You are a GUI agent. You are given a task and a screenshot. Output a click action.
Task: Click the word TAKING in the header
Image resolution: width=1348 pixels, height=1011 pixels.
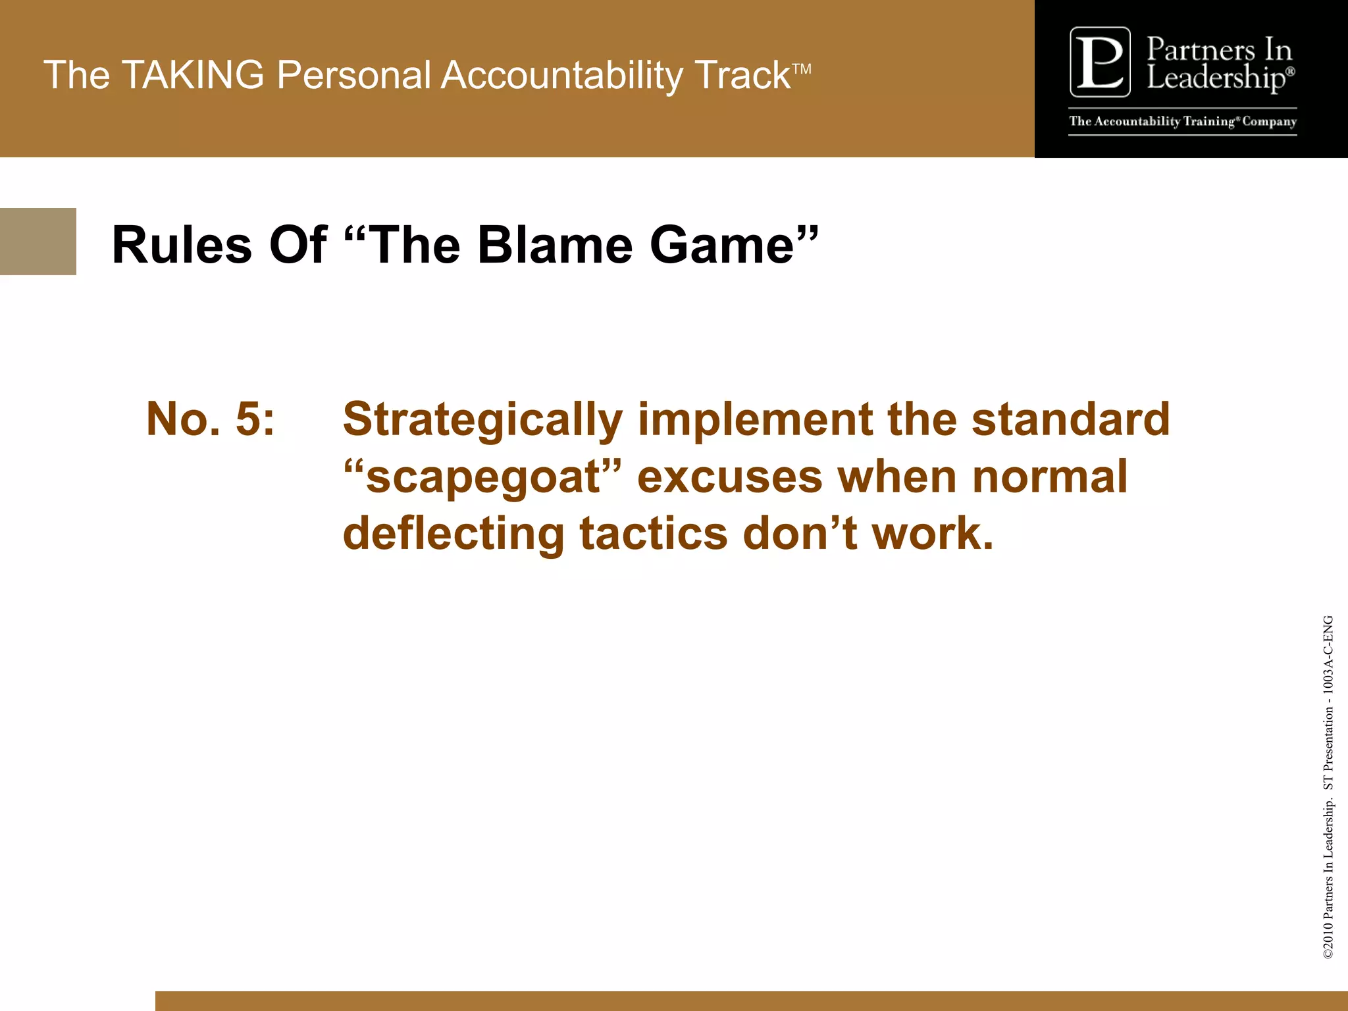(x=193, y=74)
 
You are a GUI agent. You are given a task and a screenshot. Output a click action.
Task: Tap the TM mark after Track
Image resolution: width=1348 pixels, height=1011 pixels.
(x=802, y=68)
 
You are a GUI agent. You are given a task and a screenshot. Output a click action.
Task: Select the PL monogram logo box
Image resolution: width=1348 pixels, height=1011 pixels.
(x=1100, y=62)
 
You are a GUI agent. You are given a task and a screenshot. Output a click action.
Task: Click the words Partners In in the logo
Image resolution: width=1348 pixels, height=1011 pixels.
(x=1219, y=49)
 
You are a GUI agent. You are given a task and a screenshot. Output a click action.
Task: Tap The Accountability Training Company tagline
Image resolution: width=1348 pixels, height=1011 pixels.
(x=1182, y=121)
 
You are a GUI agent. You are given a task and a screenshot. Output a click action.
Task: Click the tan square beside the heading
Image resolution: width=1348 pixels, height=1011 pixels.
(x=38, y=242)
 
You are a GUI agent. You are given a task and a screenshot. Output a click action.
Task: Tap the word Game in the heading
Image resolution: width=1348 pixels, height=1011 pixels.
(x=722, y=245)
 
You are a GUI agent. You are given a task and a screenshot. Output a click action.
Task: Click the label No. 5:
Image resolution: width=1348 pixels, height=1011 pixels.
(x=210, y=419)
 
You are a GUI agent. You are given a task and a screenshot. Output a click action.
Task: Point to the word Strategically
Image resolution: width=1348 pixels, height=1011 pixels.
(x=482, y=420)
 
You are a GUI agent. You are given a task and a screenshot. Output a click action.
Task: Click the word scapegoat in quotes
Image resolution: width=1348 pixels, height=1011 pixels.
(x=482, y=477)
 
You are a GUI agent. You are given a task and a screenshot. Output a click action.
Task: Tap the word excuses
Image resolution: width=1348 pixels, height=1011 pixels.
(x=730, y=477)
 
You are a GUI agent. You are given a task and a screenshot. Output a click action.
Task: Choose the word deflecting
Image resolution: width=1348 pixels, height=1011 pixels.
(x=454, y=533)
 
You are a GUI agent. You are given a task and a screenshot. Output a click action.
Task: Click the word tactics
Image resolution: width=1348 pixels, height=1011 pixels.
(x=654, y=533)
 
